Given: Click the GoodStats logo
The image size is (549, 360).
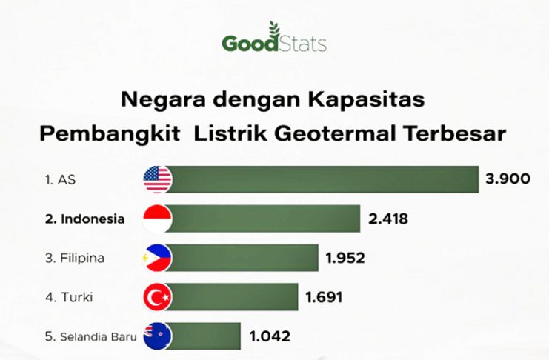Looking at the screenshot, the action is click(274, 38).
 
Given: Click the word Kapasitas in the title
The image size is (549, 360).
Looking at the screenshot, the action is click(366, 100).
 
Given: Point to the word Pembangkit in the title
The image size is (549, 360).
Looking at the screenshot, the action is click(110, 135).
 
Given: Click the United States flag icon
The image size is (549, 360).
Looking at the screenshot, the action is click(158, 180).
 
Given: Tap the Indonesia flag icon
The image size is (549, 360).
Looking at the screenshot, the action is click(158, 219).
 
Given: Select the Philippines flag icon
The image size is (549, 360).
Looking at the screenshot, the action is click(158, 258).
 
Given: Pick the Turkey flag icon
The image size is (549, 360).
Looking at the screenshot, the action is click(158, 297).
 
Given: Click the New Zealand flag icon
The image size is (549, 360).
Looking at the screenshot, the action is click(158, 336).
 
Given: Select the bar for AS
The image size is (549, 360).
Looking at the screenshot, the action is click(322, 180).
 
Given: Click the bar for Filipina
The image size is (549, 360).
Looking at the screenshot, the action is click(242, 258).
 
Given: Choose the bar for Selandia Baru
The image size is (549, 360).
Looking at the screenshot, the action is click(203, 336).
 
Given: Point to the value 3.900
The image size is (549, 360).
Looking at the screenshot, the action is click(508, 179).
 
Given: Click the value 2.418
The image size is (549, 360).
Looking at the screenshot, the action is click(388, 219).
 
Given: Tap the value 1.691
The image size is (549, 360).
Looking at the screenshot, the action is click(324, 297).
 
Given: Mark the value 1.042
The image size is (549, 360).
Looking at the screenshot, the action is click(270, 336).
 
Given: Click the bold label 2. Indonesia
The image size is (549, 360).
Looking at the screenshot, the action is click(84, 219).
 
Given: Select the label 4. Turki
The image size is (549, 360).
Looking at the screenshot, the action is click(69, 297).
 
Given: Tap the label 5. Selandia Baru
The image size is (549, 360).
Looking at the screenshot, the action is click(90, 336).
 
